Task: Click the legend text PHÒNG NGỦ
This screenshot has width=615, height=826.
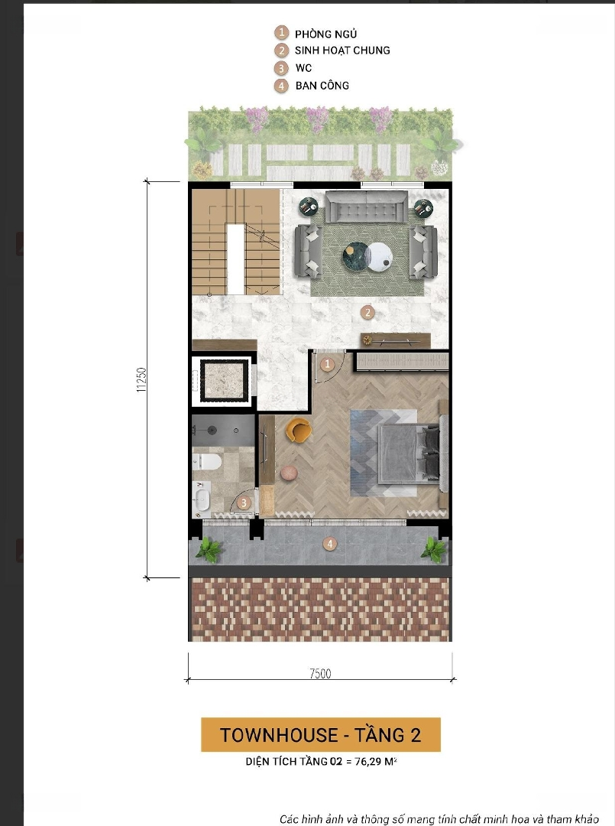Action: click(x=325, y=34)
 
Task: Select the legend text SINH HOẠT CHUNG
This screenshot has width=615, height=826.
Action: click(x=342, y=50)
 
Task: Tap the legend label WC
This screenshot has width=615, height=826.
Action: click(x=303, y=68)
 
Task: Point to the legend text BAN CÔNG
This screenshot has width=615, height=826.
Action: click(x=322, y=86)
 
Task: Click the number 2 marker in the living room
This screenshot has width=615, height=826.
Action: click(x=367, y=312)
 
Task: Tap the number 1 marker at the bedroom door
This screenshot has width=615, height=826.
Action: click(x=327, y=364)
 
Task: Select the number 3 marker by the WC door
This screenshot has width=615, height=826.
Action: click(x=244, y=502)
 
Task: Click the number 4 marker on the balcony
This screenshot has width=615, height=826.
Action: click(x=330, y=544)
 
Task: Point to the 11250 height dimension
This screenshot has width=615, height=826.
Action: click(x=141, y=380)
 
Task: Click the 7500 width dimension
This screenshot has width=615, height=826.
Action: click(x=320, y=673)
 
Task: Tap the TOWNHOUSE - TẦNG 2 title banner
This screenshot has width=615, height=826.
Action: click(x=320, y=735)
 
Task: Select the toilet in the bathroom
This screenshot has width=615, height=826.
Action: click(x=207, y=462)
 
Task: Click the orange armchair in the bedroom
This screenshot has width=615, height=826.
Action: click(x=298, y=429)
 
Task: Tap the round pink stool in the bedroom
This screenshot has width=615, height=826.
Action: click(x=289, y=473)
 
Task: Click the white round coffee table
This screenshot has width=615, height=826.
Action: click(x=379, y=256)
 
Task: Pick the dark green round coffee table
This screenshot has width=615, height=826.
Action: click(x=355, y=256)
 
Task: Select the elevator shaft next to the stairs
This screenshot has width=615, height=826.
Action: click(x=224, y=381)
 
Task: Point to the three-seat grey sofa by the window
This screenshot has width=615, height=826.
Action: click(x=366, y=207)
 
